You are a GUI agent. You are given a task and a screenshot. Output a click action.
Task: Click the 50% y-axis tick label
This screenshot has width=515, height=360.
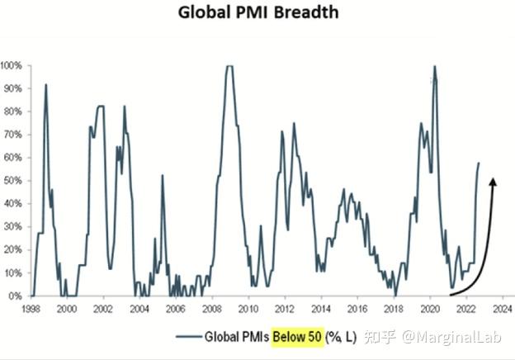coord(12,180)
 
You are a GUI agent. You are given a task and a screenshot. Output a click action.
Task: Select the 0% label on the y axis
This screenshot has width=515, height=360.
coord(16,296)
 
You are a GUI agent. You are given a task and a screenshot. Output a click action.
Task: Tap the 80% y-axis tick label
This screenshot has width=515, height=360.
coord(12,111)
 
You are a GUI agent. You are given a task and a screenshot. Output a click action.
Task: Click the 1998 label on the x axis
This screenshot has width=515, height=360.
coord(31,308)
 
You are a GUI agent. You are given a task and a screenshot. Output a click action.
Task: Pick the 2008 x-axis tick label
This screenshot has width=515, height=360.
coord(211,308)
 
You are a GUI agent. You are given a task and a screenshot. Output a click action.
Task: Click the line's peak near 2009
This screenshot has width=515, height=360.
coord(229,65)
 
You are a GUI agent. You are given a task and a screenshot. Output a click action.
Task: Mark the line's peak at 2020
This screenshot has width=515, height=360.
coord(434,65)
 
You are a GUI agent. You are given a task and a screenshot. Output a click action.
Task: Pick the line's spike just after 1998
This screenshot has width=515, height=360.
coord(46,84)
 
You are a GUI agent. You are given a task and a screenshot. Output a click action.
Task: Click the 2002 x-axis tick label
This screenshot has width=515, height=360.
coord(102,308)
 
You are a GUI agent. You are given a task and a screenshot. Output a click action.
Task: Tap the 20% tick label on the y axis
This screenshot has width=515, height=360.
coord(12,249)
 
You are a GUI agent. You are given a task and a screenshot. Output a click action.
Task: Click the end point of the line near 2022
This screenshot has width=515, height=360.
coord(479,163)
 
